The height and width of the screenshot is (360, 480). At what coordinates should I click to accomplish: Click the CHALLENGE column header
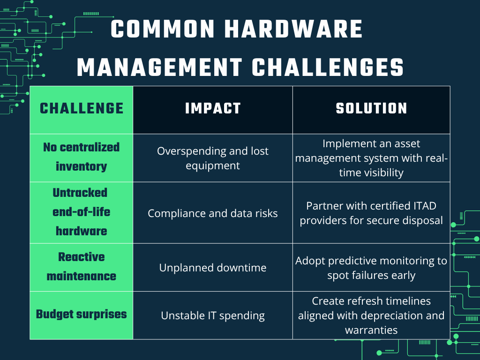coord(82,109)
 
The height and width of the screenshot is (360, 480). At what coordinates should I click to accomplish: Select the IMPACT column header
coord(213,109)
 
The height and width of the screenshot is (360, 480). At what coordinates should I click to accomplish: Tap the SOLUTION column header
coord(371,109)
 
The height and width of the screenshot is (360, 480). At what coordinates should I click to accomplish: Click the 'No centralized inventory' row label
coord(82,157)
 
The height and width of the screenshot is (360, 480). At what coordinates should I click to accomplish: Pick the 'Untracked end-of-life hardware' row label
coord(82,212)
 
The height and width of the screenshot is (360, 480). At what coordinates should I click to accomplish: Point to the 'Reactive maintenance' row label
coord(82,266)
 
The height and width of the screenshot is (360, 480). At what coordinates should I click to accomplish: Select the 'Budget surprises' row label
coord(82,314)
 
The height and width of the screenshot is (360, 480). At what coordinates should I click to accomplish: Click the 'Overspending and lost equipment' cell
coord(213,158)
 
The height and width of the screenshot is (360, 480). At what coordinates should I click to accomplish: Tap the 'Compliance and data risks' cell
coord(213,213)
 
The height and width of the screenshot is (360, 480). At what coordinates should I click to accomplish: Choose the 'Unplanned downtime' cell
coord(213,268)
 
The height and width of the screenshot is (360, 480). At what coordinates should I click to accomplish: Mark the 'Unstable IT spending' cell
coord(213,315)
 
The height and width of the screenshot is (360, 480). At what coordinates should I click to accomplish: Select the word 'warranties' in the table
coord(371,330)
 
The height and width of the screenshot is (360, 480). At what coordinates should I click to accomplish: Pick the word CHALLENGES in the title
coord(328,67)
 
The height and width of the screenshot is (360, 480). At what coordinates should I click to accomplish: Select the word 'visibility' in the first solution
coord(384,172)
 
